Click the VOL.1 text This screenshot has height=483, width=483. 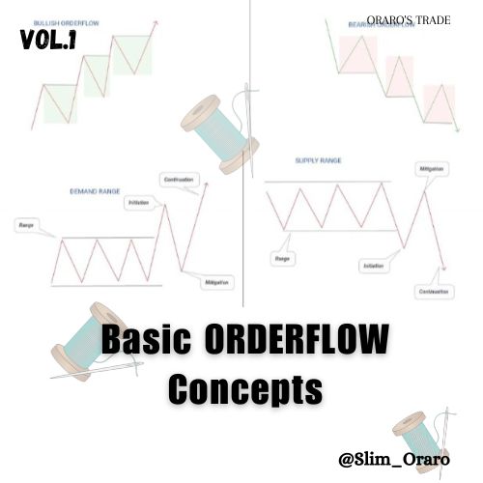[x=48, y=41]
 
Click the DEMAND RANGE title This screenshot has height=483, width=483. [x=95, y=192]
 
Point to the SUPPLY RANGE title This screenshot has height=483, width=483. [x=318, y=160]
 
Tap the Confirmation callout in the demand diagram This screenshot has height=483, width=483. [x=180, y=179]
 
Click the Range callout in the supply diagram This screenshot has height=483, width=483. [x=284, y=260]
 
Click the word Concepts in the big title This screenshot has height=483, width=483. [x=244, y=389]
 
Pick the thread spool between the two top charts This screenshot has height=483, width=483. [x=219, y=131]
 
